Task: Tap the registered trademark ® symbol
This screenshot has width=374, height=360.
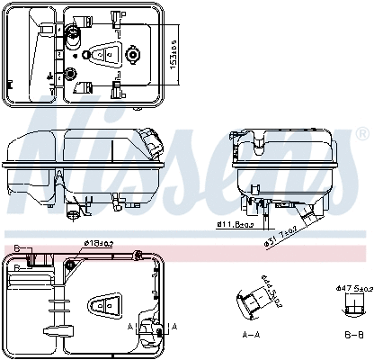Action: [x=362, y=133]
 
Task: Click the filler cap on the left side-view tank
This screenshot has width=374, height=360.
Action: [x=152, y=139]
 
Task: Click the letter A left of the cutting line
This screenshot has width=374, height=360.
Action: [x=129, y=326]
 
